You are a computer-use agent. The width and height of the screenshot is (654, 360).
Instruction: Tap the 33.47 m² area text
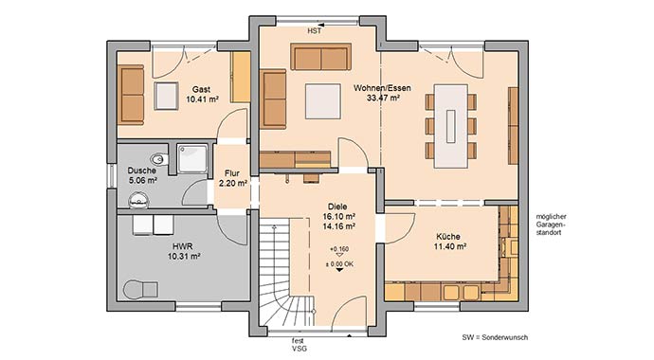click(x=377, y=98)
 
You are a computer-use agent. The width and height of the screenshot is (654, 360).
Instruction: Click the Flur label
click(x=233, y=173)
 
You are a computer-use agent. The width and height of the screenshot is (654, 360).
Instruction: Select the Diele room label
click(x=338, y=206)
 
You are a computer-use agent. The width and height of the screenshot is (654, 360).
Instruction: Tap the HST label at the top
click(x=315, y=31)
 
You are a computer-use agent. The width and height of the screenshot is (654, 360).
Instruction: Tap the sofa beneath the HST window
click(x=319, y=57)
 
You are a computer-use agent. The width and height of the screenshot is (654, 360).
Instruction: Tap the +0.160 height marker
click(x=338, y=250)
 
